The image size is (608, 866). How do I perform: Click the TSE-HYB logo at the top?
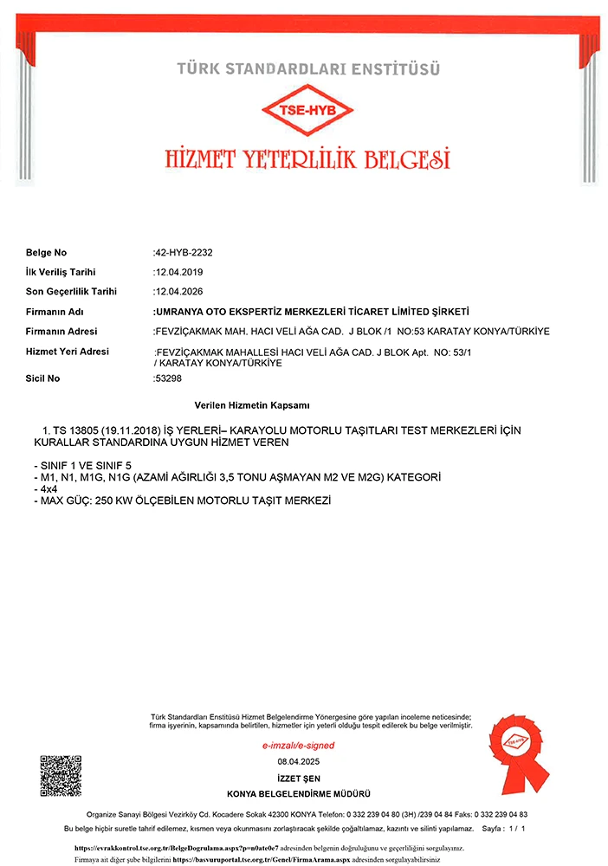307,111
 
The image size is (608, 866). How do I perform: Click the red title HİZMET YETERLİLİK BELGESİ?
307,158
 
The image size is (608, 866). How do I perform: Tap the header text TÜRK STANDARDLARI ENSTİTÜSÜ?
308,68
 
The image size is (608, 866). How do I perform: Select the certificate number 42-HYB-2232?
184,253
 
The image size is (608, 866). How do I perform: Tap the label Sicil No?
43,378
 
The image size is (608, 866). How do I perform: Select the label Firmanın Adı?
54,312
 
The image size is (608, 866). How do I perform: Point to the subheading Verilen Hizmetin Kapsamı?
253,405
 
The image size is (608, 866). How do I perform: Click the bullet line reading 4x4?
43,489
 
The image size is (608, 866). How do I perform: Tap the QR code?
61,776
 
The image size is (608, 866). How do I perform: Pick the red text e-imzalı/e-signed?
298,746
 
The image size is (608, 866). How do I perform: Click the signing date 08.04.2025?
299,761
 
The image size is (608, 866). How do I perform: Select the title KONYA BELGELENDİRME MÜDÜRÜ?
299,794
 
